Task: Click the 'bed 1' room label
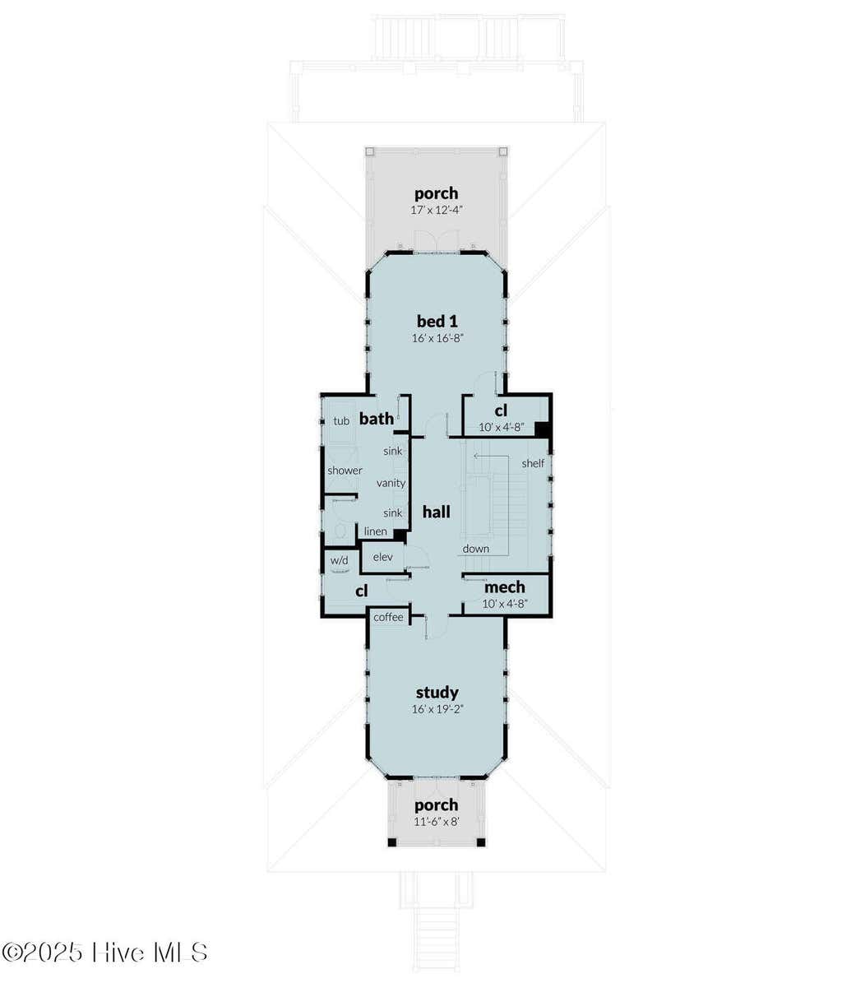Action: (437, 322)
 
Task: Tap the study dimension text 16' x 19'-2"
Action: (437, 710)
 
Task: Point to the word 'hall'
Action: (437, 512)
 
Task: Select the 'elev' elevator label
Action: (382, 557)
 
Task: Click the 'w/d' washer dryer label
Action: (340, 560)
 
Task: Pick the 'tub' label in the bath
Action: (341, 421)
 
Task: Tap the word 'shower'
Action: (345, 471)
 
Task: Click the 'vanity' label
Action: (391, 483)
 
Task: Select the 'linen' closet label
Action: (375, 531)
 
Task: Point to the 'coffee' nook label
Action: (388, 618)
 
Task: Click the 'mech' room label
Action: (505, 587)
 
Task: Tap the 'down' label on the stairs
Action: (476, 549)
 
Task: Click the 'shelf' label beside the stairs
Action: (533, 463)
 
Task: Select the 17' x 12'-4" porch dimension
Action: (437, 210)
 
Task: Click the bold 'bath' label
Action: (377, 419)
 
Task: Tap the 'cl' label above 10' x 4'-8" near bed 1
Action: (501, 410)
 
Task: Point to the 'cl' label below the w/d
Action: (361, 591)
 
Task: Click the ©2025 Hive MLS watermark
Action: (105, 939)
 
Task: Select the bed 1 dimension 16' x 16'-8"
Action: (437, 339)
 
